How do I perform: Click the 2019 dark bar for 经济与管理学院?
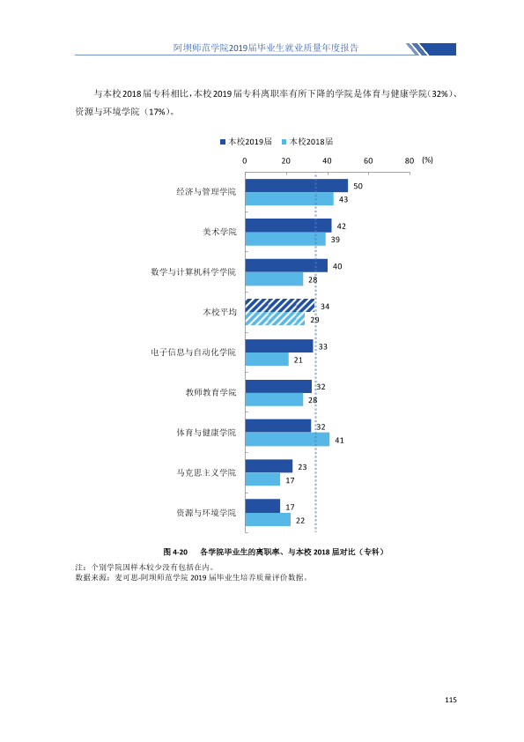tap(297, 185)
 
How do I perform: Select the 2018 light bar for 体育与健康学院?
tap(287, 440)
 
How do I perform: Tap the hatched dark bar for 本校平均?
tap(280, 306)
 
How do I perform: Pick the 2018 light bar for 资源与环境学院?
tap(268, 520)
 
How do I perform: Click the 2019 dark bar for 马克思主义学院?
tap(269, 466)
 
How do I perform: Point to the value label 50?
tap(358, 186)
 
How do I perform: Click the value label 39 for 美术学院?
tap(336, 240)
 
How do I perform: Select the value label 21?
tap(298, 360)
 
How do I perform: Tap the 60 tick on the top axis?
tap(368, 161)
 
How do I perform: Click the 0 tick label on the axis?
tap(245, 161)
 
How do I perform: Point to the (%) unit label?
tap(427, 160)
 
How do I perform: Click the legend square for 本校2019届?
tap(223, 142)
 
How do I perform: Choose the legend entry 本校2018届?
tap(307, 142)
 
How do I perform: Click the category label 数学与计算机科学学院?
tap(193, 271)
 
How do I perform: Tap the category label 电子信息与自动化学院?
tap(193, 352)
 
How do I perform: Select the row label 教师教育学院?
tap(210, 392)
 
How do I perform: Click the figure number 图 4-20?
tap(175, 552)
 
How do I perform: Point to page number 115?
tap(451, 700)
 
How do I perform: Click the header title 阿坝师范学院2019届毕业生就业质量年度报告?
tap(266, 48)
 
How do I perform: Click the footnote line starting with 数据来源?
tap(191, 577)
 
